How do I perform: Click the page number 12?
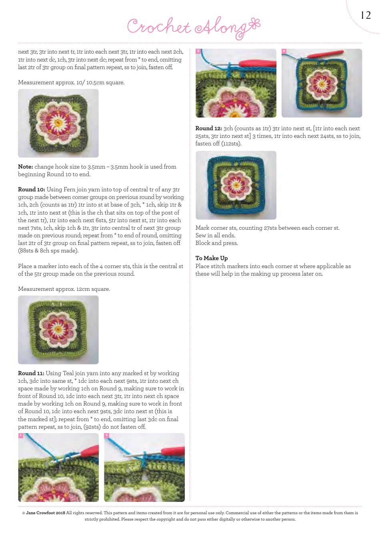366,16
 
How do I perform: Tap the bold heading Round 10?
32,189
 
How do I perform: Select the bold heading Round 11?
31,373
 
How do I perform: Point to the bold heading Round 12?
209,128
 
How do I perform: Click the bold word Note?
26,167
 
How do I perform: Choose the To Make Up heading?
212,258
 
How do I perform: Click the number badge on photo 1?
20,435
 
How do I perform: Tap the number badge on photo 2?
106,435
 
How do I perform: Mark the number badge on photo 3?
198,51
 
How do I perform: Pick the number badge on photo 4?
284,51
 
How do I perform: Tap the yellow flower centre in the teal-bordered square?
236,185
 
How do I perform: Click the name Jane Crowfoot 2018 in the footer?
46,513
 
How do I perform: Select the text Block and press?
216,243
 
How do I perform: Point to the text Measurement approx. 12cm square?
64,289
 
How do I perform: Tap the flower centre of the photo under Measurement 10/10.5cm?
58,123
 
